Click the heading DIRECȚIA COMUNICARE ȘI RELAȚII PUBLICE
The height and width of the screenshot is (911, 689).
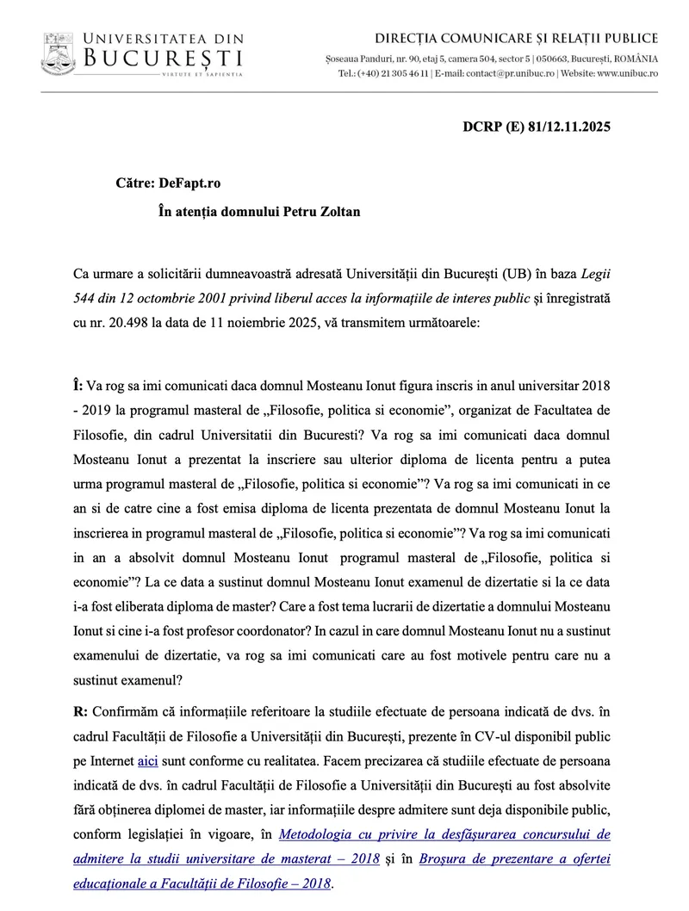pyautogui.click(x=517, y=38)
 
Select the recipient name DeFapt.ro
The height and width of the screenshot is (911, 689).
pyautogui.click(x=189, y=183)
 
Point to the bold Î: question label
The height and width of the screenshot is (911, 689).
pyautogui.click(x=78, y=380)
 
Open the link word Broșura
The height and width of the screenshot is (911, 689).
pyautogui.click(x=454, y=859)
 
